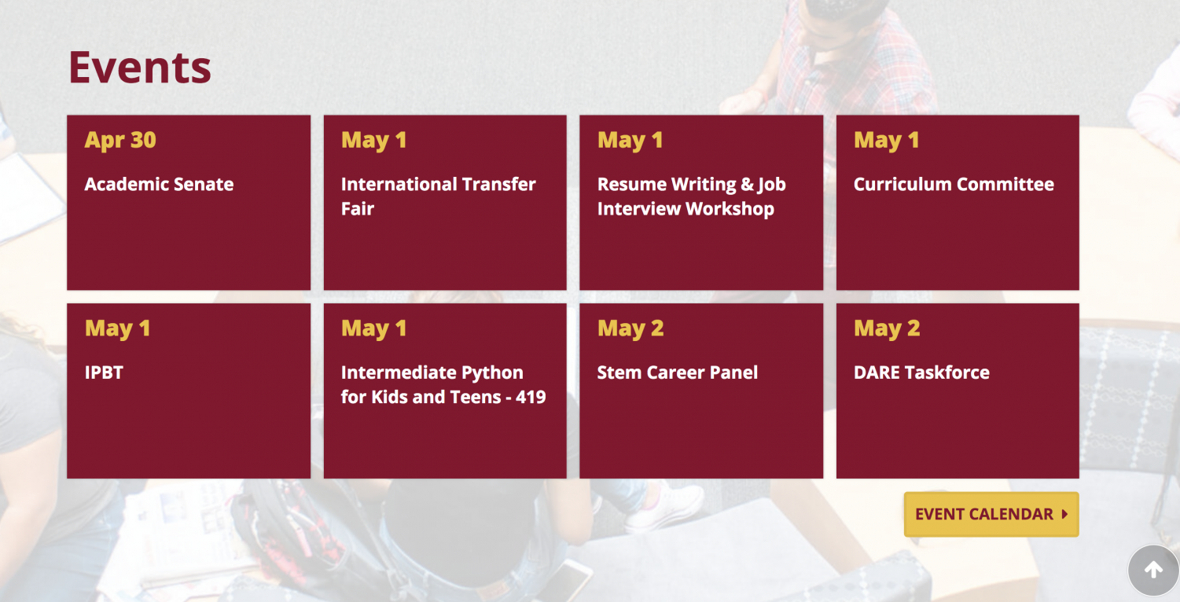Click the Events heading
point(140,68)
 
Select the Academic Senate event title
point(159,185)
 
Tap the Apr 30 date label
point(120,140)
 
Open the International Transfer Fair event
point(439,196)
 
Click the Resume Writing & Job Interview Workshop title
point(692,196)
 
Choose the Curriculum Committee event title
point(954,185)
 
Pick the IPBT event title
point(104,373)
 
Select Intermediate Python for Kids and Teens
point(443,385)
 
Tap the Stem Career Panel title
point(678,373)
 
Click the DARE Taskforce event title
point(922,373)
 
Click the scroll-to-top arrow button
point(1153,570)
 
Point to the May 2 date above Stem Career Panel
point(630,329)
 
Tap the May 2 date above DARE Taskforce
point(887,329)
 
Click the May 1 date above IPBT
point(117,329)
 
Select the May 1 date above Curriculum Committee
point(887,140)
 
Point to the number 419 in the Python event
point(531,397)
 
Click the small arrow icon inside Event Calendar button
point(1064,514)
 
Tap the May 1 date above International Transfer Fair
point(374,140)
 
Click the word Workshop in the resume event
point(730,209)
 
